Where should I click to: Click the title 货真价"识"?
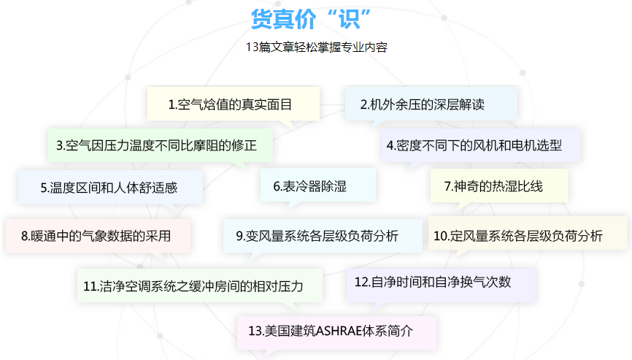point(312,19)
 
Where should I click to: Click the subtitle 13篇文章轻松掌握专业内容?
point(316,48)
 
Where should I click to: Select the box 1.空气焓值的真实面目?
point(231,104)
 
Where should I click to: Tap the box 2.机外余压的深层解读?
point(423,104)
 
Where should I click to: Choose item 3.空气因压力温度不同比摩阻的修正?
point(161,145)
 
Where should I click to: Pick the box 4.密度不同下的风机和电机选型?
point(474,145)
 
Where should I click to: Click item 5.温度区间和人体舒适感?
point(109,187)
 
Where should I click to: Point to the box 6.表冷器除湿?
point(310,186)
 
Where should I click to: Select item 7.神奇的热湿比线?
point(494,185)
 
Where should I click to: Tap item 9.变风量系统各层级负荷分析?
point(317,235)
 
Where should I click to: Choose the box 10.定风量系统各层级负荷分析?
point(518,235)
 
